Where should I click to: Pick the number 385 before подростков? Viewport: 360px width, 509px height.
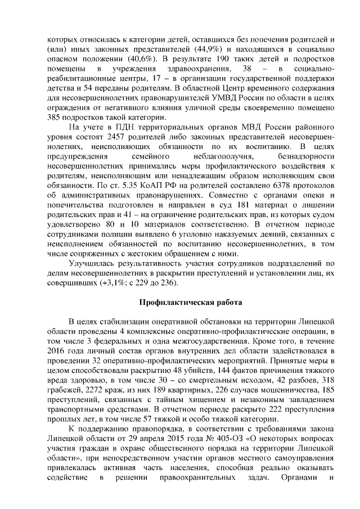[56, 118]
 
